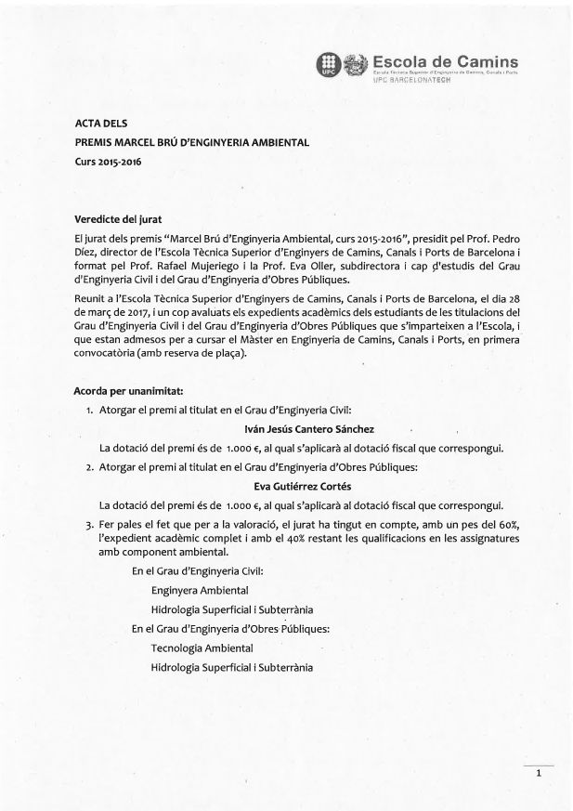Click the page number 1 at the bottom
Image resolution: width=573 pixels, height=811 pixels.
pos(538,773)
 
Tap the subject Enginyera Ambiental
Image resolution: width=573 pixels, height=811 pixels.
pos(200,590)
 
